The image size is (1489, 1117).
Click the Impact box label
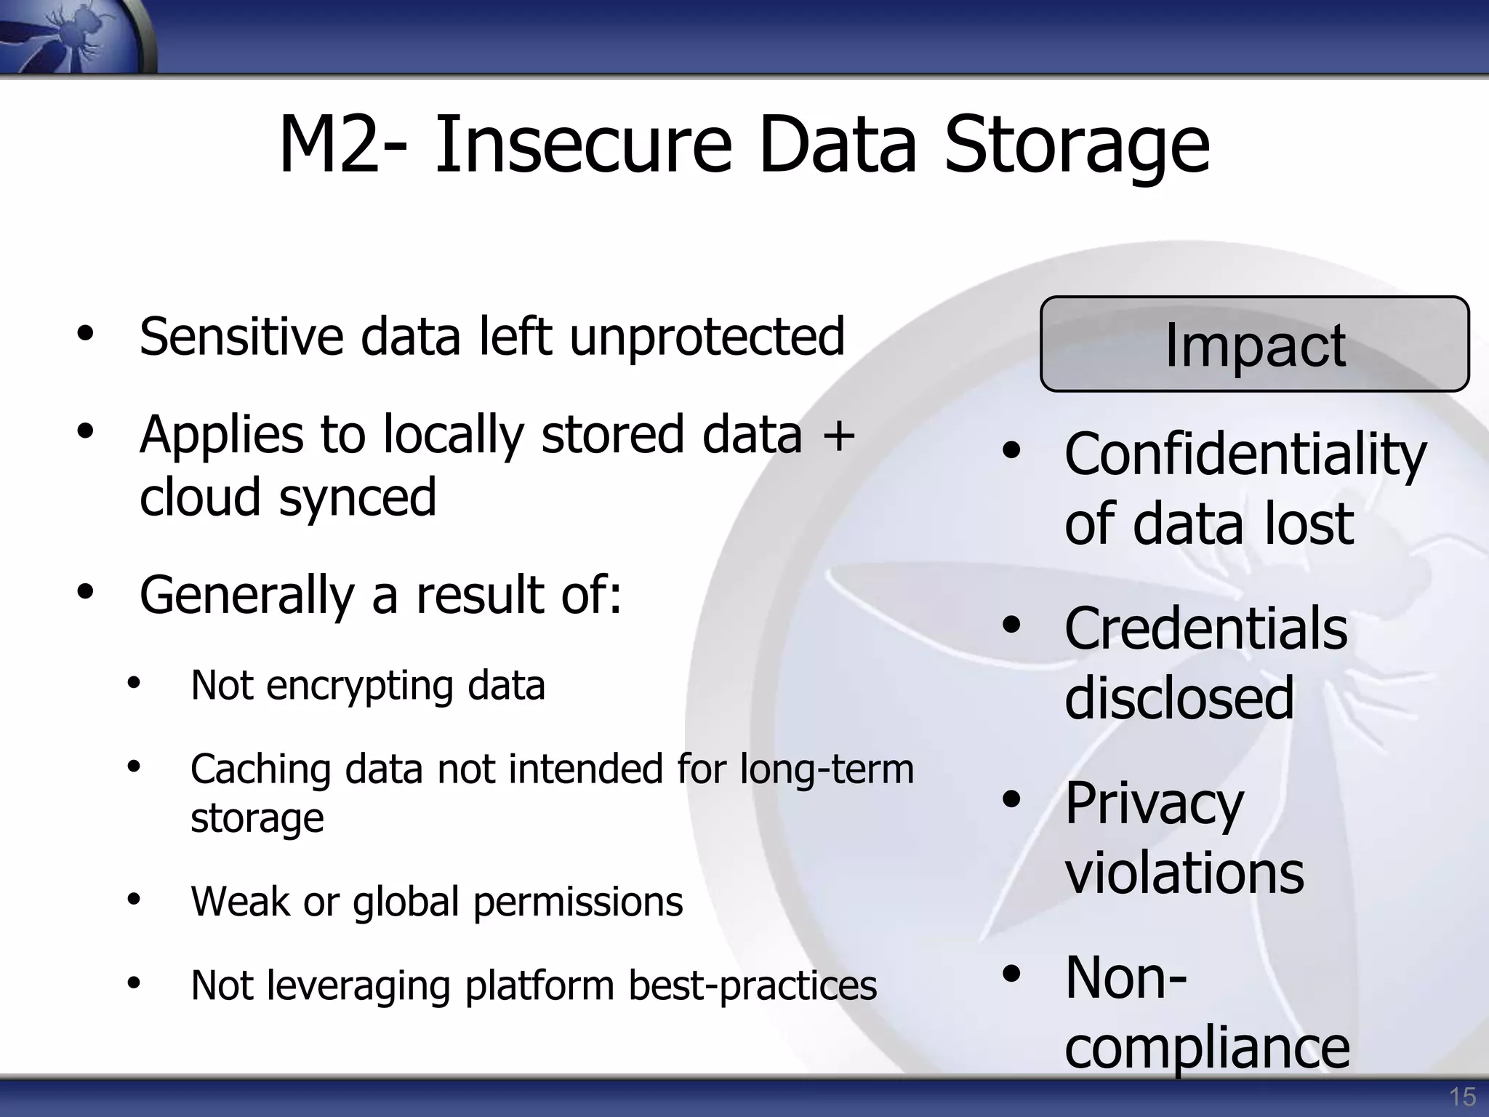[1255, 345]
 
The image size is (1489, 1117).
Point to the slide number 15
[1462, 1096]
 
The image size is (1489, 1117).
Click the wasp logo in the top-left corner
[73, 36]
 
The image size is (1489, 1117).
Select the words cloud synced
[288, 498]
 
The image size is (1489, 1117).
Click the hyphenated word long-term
[827, 769]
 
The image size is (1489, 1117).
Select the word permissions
[578, 902]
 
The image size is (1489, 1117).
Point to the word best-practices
[752, 986]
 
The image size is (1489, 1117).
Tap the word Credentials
[1205, 629]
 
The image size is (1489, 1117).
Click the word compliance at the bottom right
[1207, 1048]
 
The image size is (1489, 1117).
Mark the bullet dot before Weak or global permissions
[133, 900]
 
